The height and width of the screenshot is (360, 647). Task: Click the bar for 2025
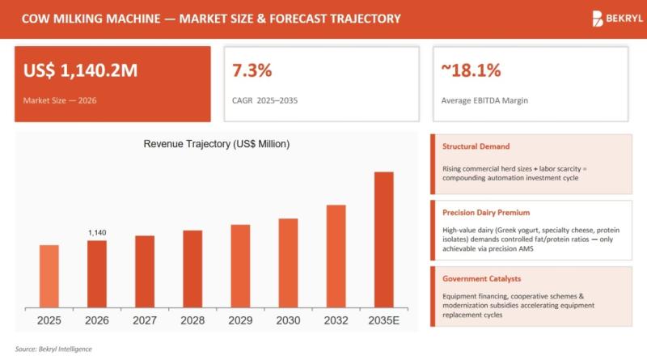[x=49, y=275]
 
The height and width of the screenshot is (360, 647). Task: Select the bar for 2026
[x=97, y=273]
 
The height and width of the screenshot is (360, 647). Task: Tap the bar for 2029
[x=240, y=265]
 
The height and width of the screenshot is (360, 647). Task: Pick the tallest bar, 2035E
[x=383, y=239]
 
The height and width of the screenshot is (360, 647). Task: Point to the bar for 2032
[x=336, y=256]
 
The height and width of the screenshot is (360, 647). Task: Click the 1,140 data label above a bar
[x=97, y=233]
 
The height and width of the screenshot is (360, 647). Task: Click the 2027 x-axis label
[x=145, y=320]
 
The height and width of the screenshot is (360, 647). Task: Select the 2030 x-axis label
[x=288, y=320]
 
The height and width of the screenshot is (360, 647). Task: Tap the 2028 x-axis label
[x=192, y=320]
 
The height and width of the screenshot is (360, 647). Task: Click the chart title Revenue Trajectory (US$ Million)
[x=216, y=144]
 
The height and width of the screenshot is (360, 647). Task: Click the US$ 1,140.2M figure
[x=81, y=70]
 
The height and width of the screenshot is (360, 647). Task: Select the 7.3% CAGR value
[x=252, y=70]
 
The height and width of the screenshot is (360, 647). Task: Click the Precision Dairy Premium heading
[x=486, y=213]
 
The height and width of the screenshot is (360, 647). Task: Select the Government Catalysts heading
[x=482, y=279]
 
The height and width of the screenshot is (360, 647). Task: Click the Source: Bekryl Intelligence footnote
[x=53, y=349]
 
